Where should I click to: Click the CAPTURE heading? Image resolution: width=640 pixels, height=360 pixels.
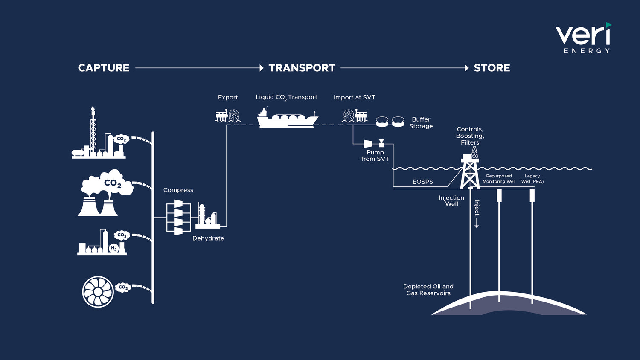pyautogui.click(x=104, y=68)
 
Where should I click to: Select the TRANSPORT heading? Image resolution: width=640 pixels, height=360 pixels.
pyautogui.click(x=302, y=68)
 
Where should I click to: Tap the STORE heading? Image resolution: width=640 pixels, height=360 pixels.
pyautogui.click(x=492, y=68)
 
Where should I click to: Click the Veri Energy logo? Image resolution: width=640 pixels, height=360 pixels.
pyautogui.click(x=583, y=38)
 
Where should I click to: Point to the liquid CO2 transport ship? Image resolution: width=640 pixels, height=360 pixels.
pyautogui.click(x=287, y=119)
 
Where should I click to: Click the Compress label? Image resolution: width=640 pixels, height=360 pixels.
pyautogui.click(x=178, y=190)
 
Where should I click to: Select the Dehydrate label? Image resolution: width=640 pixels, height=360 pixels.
pyautogui.click(x=208, y=238)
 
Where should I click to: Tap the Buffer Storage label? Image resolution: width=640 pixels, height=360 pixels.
pyautogui.click(x=421, y=123)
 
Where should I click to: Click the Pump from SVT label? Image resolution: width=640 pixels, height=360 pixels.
pyautogui.click(x=375, y=155)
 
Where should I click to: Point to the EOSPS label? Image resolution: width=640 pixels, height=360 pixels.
pyautogui.click(x=423, y=182)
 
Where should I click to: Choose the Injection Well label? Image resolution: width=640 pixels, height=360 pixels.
pyautogui.click(x=451, y=201)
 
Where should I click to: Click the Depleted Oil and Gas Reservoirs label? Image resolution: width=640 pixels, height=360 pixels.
pyautogui.click(x=428, y=290)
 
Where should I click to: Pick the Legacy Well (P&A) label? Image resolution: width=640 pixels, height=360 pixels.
pyautogui.click(x=532, y=179)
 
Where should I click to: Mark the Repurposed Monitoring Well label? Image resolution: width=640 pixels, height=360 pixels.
pyautogui.click(x=499, y=179)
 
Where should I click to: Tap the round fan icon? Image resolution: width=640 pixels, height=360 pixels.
pyautogui.click(x=98, y=292)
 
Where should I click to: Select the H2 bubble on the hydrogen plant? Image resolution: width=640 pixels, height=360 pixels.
pyautogui.click(x=113, y=248)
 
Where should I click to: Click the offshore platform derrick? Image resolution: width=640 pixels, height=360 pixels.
pyautogui.click(x=470, y=168)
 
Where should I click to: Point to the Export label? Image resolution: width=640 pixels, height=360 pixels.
pyautogui.click(x=228, y=97)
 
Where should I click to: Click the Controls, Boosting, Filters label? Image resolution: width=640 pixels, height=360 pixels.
pyautogui.click(x=470, y=136)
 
